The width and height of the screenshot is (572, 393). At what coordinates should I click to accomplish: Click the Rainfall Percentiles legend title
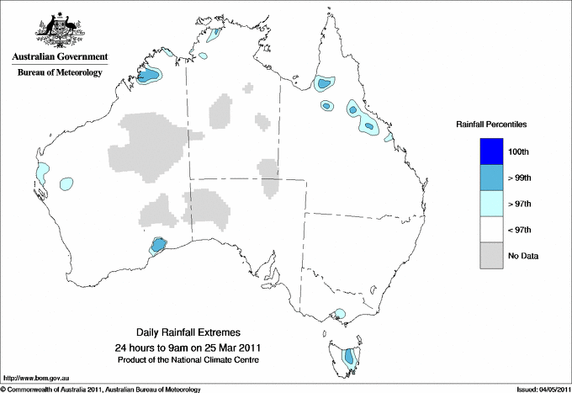pyautogui.click(x=491, y=124)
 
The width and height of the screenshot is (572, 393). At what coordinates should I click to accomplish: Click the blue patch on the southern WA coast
pyautogui.click(x=157, y=246)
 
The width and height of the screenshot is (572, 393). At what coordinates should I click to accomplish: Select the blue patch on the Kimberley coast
pyautogui.click(x=149, y=76)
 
